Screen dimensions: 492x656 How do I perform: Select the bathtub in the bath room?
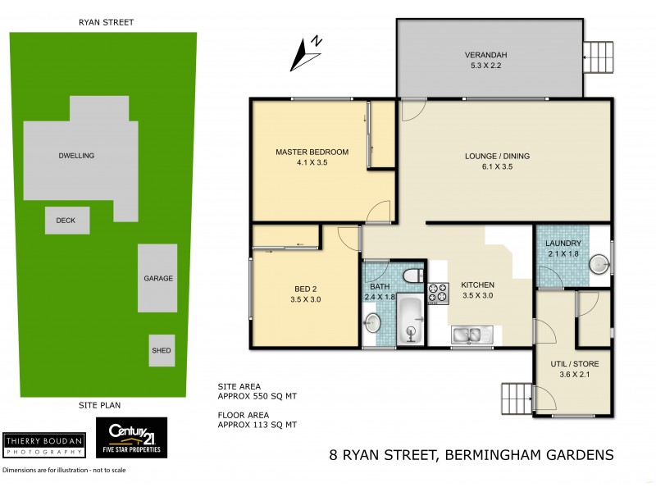point(409,321)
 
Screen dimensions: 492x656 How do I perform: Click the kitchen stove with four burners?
point(437,292)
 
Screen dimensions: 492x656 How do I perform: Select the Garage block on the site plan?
point(157,278)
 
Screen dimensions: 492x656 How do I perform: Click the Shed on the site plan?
point(161,351)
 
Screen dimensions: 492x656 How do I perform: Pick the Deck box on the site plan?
point(66,221)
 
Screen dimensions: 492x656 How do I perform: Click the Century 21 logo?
point(132,437)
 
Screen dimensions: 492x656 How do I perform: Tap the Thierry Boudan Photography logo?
point(43,444)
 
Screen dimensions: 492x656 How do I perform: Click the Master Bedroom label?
point(312,152)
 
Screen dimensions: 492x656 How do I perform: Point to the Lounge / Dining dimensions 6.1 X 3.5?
point(505,166)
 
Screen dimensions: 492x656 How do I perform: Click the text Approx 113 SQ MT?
point(257,425)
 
